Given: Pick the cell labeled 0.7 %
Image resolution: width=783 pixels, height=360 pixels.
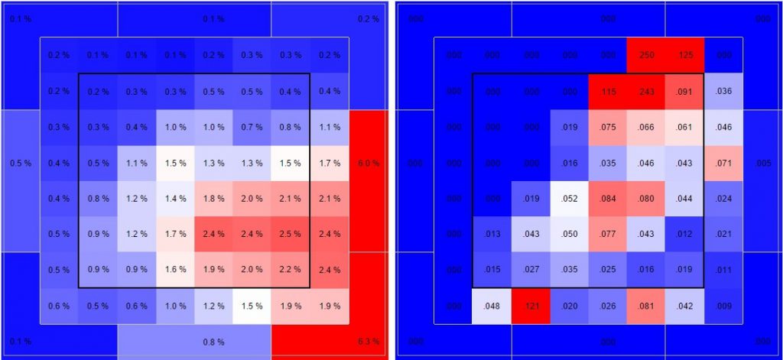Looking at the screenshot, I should (252, 127).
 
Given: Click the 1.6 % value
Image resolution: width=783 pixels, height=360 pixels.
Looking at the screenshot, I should (176, 269).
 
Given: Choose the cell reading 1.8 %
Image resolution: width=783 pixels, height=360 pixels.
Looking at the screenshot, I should (213, 198).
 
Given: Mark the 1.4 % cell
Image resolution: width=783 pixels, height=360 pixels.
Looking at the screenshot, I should (176, 198).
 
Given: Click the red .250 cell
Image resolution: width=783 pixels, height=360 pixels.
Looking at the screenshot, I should (646, 55).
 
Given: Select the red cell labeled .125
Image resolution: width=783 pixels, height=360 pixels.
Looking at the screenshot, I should (684, 55).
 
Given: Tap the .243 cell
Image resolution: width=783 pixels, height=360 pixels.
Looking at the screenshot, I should (646, 92).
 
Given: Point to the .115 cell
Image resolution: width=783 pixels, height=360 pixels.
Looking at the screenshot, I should (608, 92).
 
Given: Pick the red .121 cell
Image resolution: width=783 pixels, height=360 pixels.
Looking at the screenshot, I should (531, 306).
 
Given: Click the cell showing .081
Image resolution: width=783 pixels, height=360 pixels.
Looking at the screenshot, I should (646, 306).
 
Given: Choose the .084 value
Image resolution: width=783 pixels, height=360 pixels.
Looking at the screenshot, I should (608, 198).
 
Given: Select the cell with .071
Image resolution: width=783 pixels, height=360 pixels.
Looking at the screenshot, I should (723, 163).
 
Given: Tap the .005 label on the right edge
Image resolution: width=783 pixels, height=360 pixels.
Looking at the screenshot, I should (762, 163).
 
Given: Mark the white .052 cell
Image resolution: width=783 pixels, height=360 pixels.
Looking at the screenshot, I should (569, 198).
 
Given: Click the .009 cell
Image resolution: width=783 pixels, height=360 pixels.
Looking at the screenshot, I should (723, 306).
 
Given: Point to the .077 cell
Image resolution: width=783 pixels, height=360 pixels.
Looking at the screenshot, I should (608, 234).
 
